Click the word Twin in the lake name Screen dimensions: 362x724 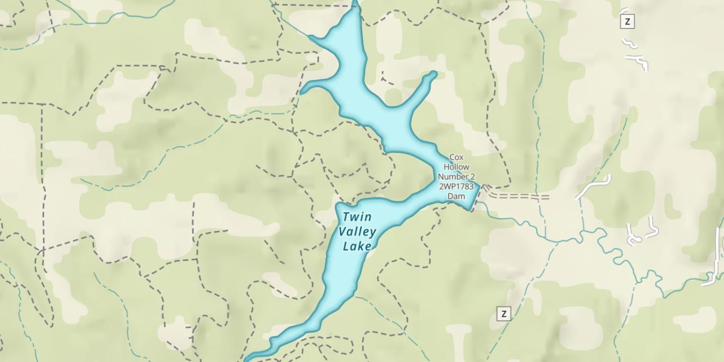click(357, 217)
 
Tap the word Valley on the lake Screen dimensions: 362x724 click(357, 232)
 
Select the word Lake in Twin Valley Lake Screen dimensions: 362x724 click(357, 247)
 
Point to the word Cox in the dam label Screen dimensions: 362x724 click(456, 157)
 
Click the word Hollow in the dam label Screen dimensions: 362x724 click(456, 167)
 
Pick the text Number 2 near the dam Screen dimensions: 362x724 click(456, 177)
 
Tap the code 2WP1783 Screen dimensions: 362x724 click(456, 186)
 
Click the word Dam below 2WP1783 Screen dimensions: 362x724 click(456, 196)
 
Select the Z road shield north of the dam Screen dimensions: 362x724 click(627, 21)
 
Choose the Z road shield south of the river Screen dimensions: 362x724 click(504, 314)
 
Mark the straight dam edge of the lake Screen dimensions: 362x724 click(475, 197)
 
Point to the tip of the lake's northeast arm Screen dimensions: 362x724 click(434, 74)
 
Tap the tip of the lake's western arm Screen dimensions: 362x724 click(303, 91)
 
